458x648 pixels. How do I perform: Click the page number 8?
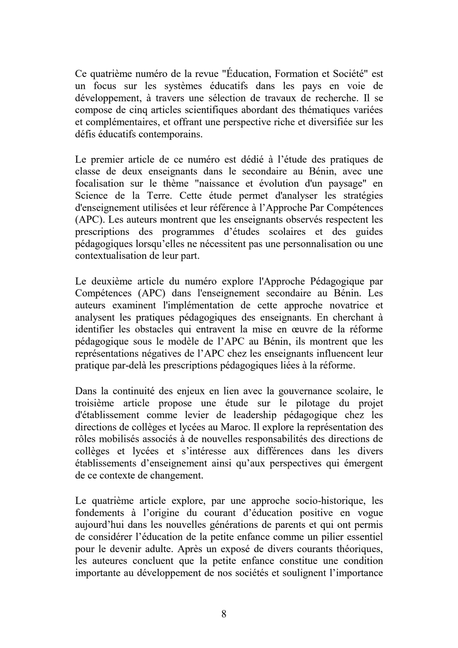(x=224, y=614)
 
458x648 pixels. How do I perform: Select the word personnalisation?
(x=309, y=244)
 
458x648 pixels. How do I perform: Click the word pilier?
(x=323, y=537)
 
